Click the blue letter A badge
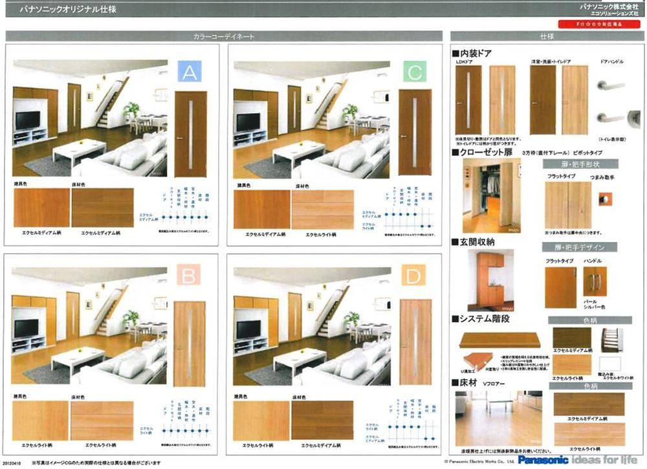189,74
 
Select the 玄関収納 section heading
476,242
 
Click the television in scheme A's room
27,121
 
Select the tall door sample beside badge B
189,344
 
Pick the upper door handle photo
611,86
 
